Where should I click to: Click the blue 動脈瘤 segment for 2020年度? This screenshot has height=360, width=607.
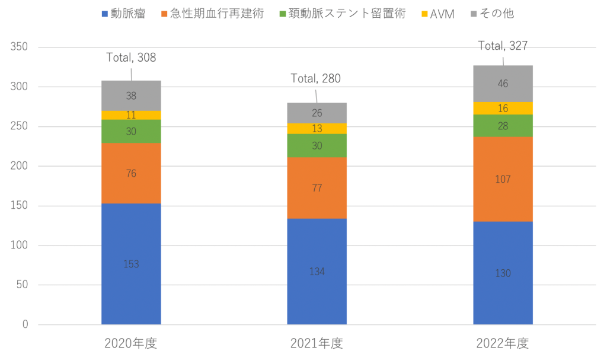131,264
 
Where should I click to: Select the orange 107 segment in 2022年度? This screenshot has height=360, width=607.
503,179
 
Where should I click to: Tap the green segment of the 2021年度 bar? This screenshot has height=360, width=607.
317,146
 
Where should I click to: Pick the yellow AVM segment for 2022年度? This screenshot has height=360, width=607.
503,108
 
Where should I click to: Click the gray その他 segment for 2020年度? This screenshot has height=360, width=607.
131,95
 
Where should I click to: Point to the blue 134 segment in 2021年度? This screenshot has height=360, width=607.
317,272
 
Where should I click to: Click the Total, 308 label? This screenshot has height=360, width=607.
131,58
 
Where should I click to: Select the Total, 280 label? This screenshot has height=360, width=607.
316,78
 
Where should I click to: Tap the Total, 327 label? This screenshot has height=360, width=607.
503,46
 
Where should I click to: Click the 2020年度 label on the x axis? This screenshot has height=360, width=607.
131,343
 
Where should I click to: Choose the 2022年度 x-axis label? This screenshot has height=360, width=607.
503,343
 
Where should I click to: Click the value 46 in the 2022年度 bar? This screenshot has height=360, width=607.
503,84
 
